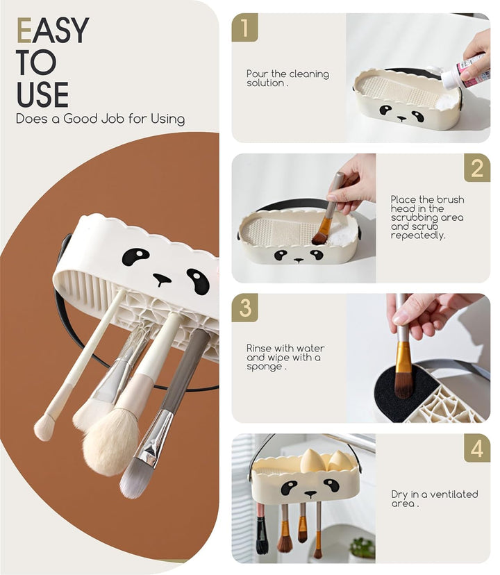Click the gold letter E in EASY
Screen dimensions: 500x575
click(24, 31)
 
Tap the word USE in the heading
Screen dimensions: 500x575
click(42, 94)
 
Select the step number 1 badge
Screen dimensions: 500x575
click(244, 27)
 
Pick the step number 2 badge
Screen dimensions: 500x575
click(477, 168)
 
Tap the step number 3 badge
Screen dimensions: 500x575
click(244, 308)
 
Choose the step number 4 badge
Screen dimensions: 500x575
click(477, 448)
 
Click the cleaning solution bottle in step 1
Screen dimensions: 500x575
click(465, 72)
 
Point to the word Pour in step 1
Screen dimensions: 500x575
click(257, 74)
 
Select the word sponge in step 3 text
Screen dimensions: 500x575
click(264, 367)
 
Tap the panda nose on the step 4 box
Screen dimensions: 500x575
click(310, 494)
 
